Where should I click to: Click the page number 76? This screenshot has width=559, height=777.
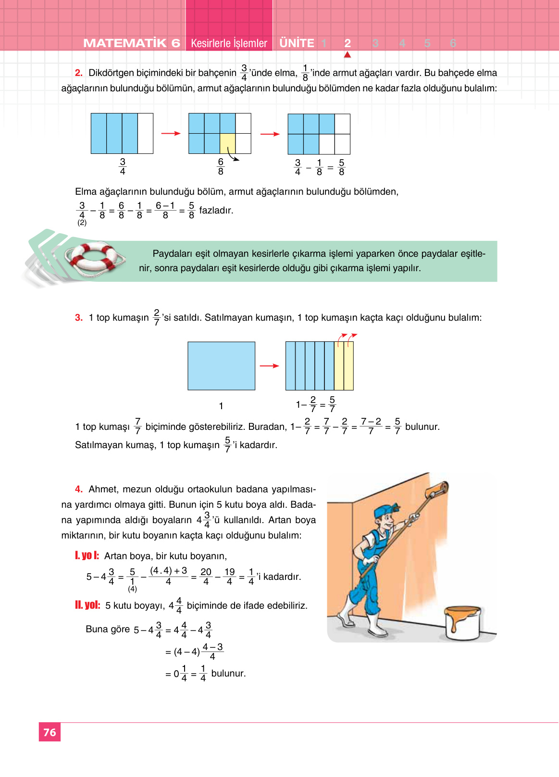pos(50,732)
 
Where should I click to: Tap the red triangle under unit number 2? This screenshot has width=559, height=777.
pos(348,55)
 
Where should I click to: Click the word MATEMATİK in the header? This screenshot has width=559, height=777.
pos(125,43)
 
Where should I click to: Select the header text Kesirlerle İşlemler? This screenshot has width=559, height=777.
pos(229,43)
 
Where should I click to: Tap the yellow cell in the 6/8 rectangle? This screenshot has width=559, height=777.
pos(227,143)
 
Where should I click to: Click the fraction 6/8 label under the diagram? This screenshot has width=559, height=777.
pos(221,166)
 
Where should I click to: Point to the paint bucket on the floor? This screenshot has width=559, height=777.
pos(462,622)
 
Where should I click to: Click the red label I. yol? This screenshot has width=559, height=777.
pos(87,555)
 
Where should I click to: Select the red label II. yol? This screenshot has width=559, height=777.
pos(87,605)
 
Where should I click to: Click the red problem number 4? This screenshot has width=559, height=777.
pos(79,489)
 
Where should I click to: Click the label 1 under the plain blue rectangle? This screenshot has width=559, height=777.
pos(221,406)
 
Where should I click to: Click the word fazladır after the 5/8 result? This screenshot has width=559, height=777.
pos(216,210)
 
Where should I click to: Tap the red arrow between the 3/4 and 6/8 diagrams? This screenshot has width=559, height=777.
pos(171,133)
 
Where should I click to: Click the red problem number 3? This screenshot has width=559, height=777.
pos(79,317)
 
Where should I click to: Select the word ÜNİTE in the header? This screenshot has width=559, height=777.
pos(297,43)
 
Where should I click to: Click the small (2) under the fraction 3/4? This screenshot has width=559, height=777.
pos(82,223)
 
